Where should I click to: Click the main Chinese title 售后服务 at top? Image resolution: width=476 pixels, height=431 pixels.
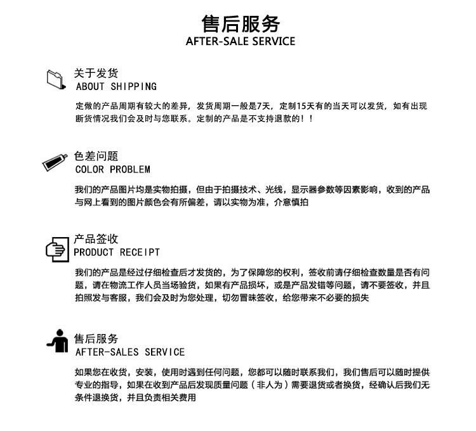tap(241, 23)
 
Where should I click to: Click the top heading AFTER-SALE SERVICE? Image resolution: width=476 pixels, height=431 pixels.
tap(241, 42)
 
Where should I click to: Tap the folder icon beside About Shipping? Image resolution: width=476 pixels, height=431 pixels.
tap(56, 78)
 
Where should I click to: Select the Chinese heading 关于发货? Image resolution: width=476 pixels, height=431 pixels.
tap(96, 73)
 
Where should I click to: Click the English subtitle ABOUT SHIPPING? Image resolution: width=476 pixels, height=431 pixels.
tap(116, 86)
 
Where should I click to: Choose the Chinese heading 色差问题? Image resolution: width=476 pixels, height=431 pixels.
tap(96, 156)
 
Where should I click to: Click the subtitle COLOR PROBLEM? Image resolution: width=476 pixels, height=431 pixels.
tap(113, 170)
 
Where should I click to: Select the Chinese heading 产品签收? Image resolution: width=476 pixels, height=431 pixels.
tap(96, 239)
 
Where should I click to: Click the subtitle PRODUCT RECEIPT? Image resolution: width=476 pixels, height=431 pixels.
tap(117, 252)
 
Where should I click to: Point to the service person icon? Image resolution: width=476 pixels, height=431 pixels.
tap(58, 341)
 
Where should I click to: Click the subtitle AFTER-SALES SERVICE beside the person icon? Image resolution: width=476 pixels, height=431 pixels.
tap(130, 352)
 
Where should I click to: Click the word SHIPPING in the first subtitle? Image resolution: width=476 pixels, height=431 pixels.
tap(133, 86)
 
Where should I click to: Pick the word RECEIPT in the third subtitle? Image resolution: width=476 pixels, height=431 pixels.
tap(140, 252)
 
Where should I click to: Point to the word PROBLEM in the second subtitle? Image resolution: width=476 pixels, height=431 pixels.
tap(130, 170)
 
